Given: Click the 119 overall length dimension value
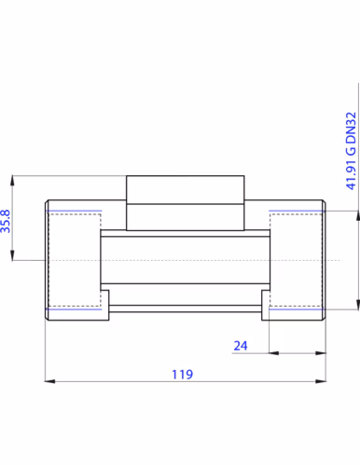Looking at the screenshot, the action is (x=183, y=375).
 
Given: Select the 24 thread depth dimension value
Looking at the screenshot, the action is (x=241, y=346).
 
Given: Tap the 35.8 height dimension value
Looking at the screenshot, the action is (x=6, y=221).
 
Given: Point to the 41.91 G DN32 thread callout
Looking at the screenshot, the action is (x=351, y=151).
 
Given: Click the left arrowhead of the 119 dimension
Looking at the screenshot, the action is (x=50, y=381).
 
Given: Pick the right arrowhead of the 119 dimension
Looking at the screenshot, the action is (x=321, y=381).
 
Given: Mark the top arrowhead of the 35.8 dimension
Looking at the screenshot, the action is (x=12, y=181).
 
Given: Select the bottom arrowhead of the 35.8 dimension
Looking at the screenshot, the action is (x=12, y=255).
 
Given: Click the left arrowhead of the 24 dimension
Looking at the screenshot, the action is (x=274, y=353).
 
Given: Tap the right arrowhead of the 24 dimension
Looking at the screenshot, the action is (x=321, y=353).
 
